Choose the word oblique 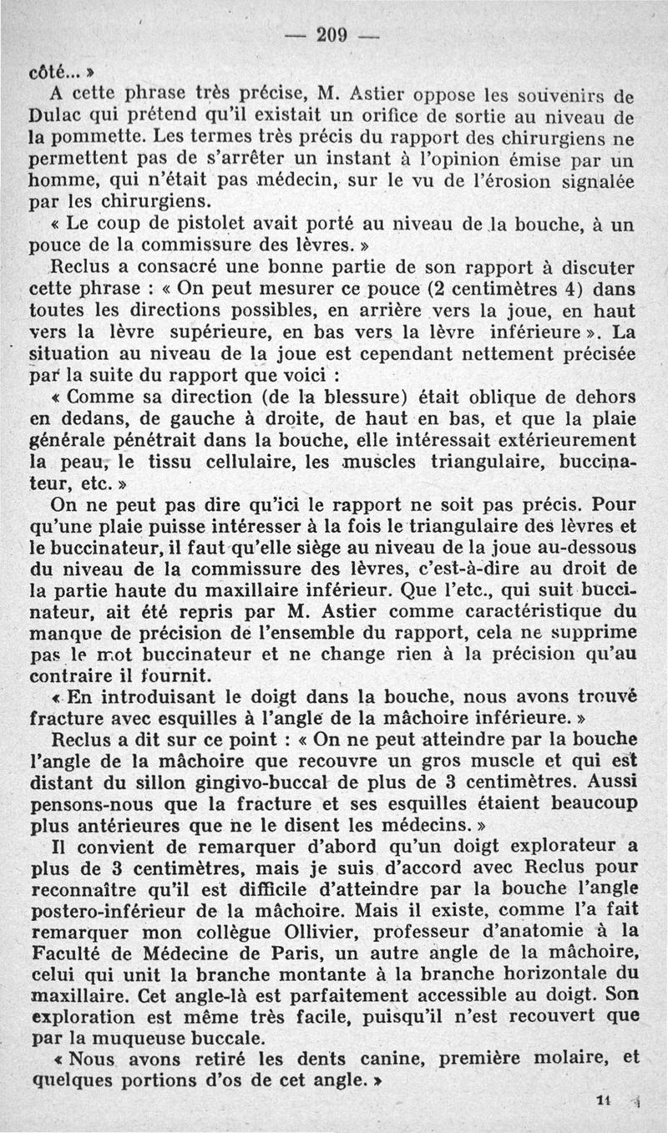click(495, 397)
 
